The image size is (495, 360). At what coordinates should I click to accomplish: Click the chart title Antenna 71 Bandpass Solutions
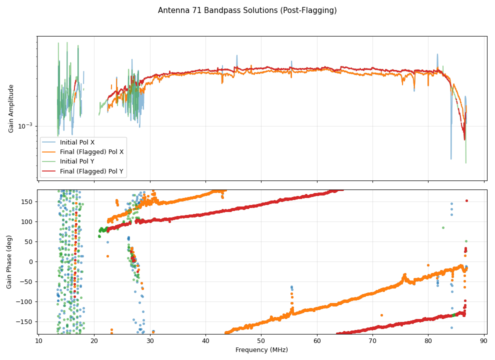247,10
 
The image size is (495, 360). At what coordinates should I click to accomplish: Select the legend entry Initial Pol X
77,142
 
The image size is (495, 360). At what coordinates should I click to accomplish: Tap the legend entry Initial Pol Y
77,161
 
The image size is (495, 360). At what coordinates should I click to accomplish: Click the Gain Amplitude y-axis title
11,108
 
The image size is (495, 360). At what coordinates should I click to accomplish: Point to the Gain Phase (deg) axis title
9,261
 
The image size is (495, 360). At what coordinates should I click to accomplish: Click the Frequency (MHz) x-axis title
261,350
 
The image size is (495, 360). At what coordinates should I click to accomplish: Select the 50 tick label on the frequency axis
261,341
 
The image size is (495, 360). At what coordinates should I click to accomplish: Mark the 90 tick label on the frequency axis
484,341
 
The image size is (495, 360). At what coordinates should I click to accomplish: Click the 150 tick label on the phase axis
26,201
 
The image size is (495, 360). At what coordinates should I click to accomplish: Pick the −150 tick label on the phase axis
24,321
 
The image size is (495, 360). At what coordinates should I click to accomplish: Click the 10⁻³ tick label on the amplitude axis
25,126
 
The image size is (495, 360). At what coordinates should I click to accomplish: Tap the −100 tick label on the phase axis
24,301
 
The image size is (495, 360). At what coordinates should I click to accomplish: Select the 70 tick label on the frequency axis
372,341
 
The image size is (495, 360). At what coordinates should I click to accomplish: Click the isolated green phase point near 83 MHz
443,227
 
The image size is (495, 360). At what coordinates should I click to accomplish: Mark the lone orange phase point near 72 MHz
381,315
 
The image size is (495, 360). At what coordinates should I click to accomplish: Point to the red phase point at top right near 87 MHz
466,200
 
